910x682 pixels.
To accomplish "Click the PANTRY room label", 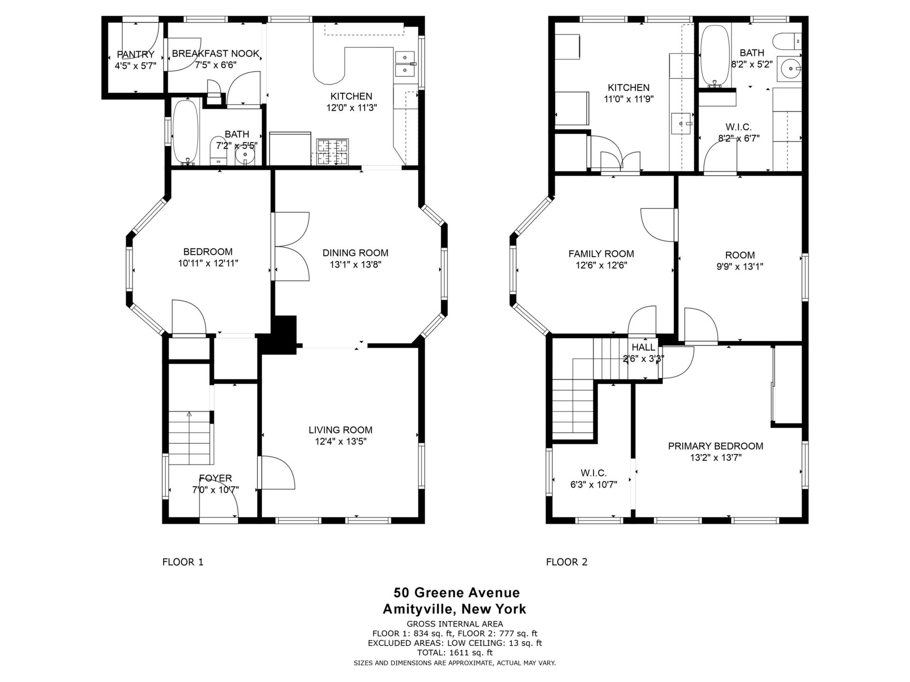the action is click(x=136, y=54).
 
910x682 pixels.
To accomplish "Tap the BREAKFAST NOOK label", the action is click(x=216, y=54).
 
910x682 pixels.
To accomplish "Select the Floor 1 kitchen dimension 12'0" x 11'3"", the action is click(x=352, y=108).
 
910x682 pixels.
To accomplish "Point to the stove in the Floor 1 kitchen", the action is click(x=332, y=152).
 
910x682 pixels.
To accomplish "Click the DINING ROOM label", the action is click(x=355, y=253).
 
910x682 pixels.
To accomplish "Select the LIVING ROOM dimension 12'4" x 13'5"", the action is click(x=341, y=441).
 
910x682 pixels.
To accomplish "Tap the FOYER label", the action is click(x=216, y=478).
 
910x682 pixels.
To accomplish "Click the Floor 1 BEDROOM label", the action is click(x=208, y=251).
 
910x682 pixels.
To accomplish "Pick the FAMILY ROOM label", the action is click(x=601, y=254).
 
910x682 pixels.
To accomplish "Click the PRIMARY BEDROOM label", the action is click(x=716, y=446).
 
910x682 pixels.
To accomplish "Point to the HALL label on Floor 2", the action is click(x=643, y=347).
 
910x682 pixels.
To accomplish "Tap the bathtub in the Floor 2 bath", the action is click(x=715, y=56).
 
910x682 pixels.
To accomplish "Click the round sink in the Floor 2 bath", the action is click(x=792, y=69).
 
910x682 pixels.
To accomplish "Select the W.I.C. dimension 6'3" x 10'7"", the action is click(x=594, y=485).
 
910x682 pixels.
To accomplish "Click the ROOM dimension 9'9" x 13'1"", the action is click(x=740, y=267).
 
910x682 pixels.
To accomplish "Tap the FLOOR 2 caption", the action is click(x=567, y=562).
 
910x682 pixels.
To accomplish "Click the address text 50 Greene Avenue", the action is click(x=456, y=592).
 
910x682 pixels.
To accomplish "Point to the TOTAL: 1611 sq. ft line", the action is click(x=455, y=653).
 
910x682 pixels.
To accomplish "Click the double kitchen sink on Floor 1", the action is click(x=405, y=64).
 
